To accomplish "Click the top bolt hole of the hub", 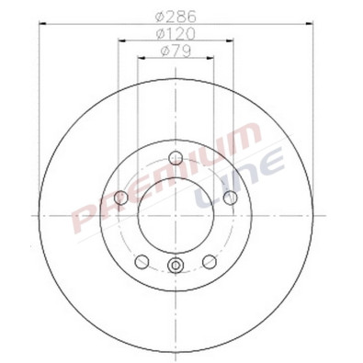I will pos(176,158).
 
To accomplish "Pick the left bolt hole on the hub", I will pos(121,198).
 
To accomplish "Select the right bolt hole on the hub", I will pos(230,198).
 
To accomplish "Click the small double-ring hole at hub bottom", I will pos(176,267).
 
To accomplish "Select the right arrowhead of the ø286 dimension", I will pos(307,24).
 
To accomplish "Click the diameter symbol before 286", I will pos(160,15).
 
